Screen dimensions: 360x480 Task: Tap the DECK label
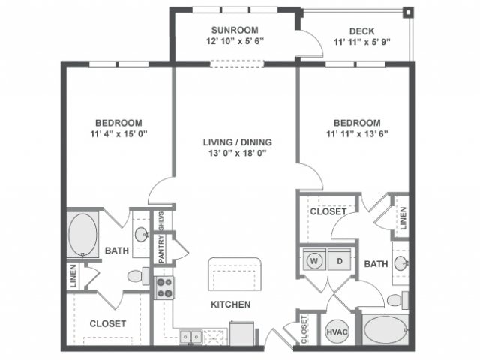(362, 31)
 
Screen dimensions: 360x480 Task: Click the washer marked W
(314, 261)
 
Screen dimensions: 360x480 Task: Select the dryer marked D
(339, 261)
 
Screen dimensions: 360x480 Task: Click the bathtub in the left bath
(82, 235)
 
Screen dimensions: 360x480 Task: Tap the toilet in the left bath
(136, 277)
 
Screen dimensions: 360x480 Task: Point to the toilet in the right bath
(395, 300)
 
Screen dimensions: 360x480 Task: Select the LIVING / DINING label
(236, 141)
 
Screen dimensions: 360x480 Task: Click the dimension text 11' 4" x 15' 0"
(118, 135)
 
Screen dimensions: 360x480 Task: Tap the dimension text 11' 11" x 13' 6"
(357, 135)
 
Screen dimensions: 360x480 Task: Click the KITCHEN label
(230, 304)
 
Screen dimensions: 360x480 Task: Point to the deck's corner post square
(408, 13)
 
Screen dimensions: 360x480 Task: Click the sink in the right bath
(400, 262)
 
